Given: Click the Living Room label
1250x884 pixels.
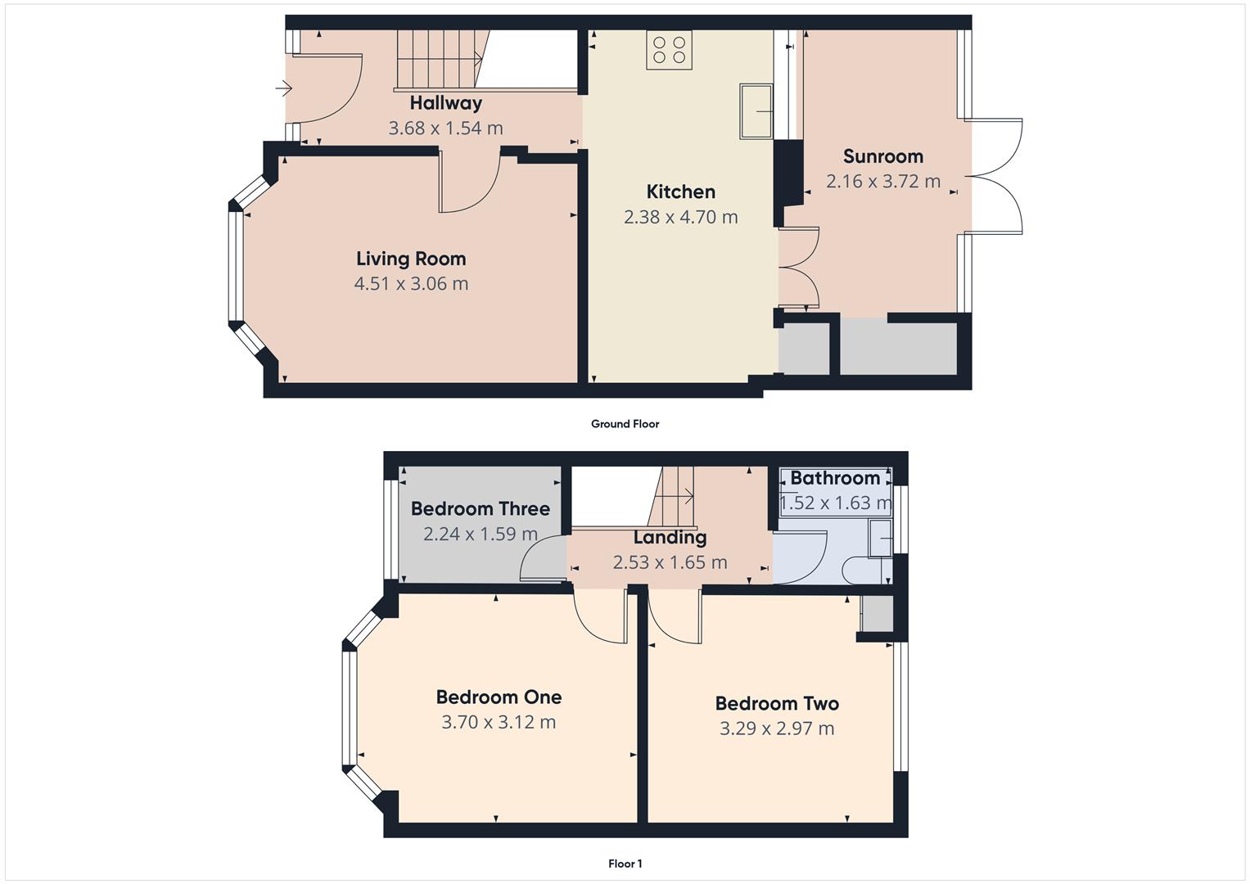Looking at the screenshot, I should pyautogui.click(x=411, y=259).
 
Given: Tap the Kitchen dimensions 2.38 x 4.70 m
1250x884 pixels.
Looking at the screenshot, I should pyautogui.click(x=680, y=218).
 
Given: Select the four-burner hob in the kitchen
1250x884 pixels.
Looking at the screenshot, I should pyautogui.click(x=669, y=50).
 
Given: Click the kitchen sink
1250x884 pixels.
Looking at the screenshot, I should pyautogui.click(x=756, y=110).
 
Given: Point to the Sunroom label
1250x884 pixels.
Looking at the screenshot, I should pyautogui.click(x=882, y=156).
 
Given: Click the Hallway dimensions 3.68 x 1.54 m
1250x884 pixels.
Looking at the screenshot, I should pyautogui.click(x=445, y=129).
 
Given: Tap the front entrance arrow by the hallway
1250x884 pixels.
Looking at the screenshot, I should pyautogui.click(x=283, y=88).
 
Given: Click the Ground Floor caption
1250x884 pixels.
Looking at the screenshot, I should pyautogui.click(x=625, y=424).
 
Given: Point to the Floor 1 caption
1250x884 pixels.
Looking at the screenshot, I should pyautogui.click(x=625, y=864).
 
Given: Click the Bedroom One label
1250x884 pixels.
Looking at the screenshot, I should pyautogui.click(x=499, y=697).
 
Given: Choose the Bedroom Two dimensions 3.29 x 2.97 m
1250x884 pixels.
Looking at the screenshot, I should pyautogui.click(x=777, y=728).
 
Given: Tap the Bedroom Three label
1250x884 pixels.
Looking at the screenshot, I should pyautogui.click(x=480, y=509).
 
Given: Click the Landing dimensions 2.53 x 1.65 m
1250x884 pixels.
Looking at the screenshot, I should pyautogui.click(x=670, y=563).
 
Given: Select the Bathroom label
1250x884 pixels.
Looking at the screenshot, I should pyautogui.click(x=834, y=478).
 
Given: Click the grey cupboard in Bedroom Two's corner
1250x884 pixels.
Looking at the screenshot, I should pyautogui.click(x=877, y=614).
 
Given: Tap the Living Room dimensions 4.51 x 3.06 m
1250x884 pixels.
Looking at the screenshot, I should pyautogui.click(x=411, y=284).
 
